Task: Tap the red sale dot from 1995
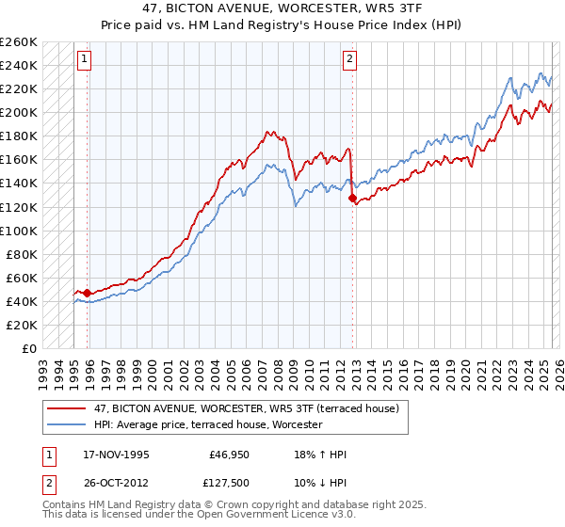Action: pos(88,293)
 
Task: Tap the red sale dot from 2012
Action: pos(352,199)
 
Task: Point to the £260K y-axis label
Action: pos(19,42)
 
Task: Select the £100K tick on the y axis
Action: pos(19,231)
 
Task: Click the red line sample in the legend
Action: pos(67,408)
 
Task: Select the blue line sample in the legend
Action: pos(67,424)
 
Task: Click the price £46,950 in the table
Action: pos(228,455)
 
